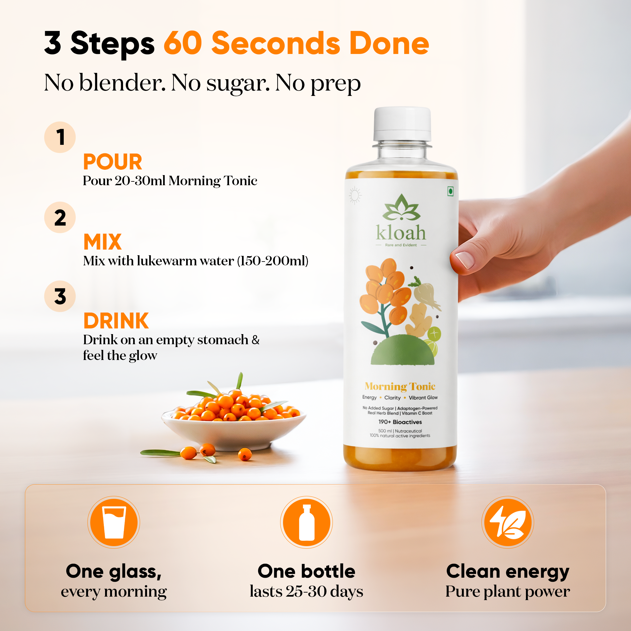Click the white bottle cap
402,123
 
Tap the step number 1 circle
60,137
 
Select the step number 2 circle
60,217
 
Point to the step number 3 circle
60,296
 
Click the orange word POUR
113,162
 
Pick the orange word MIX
103,242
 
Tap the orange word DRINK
116,321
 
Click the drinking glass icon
114,522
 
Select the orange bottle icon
306,522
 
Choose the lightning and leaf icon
508,522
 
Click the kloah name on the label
401,233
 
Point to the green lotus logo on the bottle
401,208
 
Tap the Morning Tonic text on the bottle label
400,386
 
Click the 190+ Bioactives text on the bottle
400,422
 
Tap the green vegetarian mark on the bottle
451,192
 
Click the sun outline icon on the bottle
355,196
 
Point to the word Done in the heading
389,44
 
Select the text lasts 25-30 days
306,591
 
